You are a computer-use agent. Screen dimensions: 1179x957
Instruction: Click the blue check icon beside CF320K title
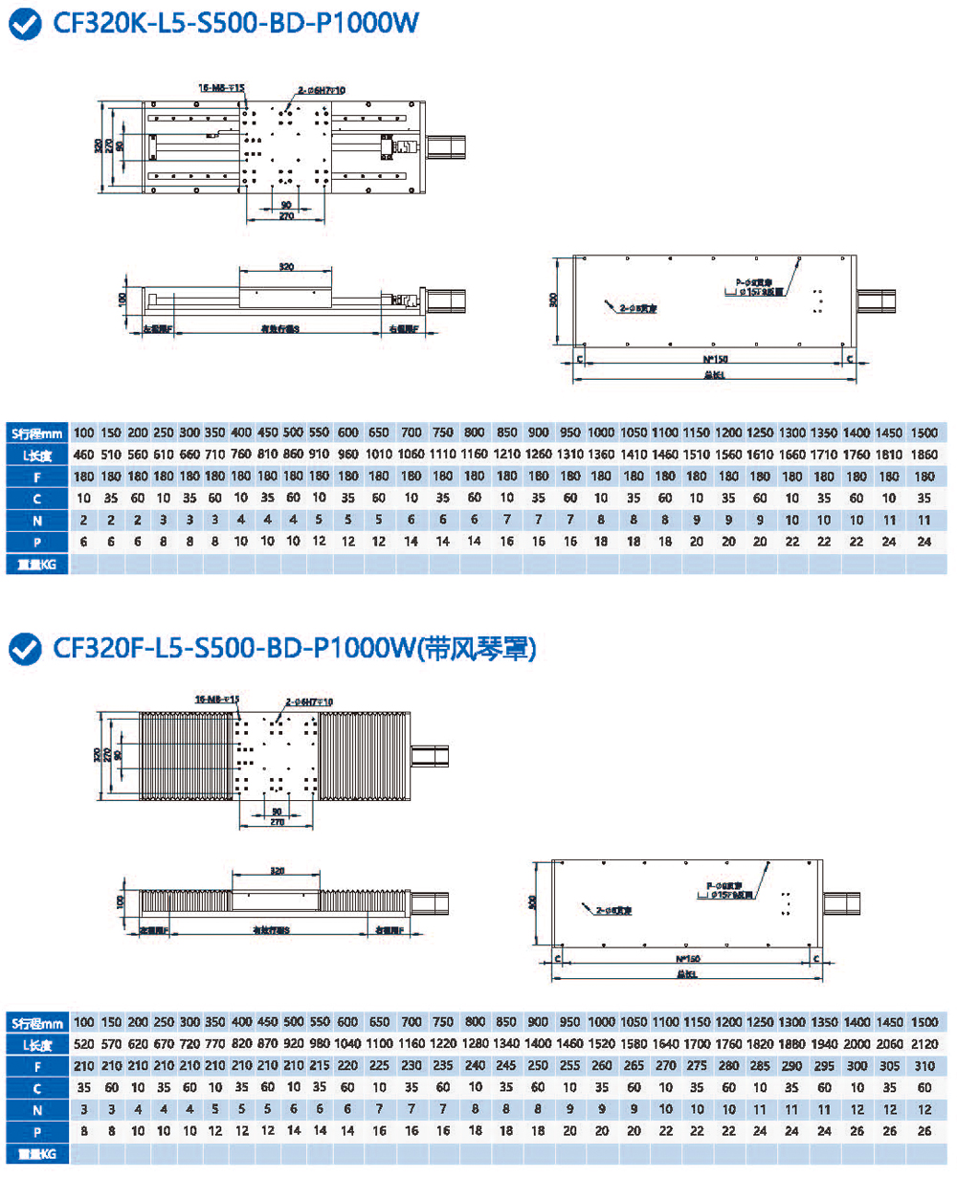[23, 24]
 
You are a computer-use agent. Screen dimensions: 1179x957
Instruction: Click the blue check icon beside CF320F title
[23, 649]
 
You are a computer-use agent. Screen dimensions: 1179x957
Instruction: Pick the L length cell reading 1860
[924, 454]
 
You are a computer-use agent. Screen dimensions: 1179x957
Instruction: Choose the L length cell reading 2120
[924, 1043]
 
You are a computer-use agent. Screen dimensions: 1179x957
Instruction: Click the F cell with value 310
[924, 1065]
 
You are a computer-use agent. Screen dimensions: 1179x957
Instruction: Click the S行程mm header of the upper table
[36, 432]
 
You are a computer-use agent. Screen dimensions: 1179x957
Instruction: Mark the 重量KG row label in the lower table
[36, 1154]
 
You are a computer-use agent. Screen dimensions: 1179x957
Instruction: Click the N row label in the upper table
[36, 521]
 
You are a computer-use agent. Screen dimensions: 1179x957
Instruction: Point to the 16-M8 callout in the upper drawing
[221, 88]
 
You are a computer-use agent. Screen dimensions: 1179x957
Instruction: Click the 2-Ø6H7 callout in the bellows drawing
[308, 702]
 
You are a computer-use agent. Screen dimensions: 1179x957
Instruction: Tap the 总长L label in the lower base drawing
[686, 973]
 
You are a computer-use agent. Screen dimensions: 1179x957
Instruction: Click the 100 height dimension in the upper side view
[122, 300]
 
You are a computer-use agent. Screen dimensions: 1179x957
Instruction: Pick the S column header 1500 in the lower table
[924, 1021]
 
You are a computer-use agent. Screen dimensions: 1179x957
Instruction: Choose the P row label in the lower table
[36, 1131]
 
